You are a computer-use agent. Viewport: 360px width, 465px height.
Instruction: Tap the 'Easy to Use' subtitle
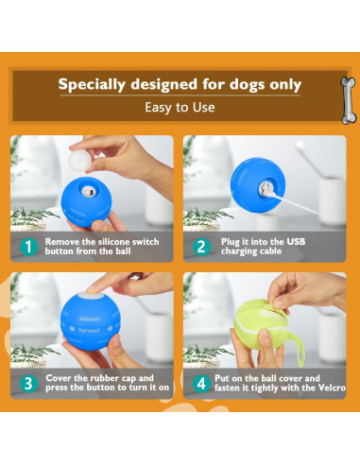click(180, 108)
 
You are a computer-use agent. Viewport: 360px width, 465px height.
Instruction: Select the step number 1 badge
click(28, 247)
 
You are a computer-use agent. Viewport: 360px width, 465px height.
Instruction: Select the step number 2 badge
click(201, 247)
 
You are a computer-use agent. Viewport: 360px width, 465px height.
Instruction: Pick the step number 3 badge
click(28, 384)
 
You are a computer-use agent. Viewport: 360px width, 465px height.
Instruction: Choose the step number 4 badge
click(201, 384)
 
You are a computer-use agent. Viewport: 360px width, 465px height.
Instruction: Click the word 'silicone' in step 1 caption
click(112, 242)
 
